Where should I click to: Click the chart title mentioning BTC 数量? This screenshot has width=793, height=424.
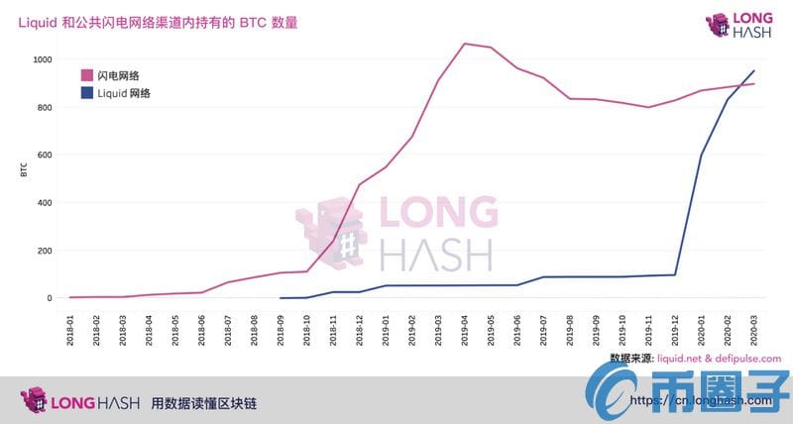pyautogui.click(x=158, y=21)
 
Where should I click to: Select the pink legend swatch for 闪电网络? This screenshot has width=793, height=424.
pyautogui.click(x=87, y=73)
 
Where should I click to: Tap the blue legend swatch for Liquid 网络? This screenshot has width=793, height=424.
pyautogui.click(x=87, y=93)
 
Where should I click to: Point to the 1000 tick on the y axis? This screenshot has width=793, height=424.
pyautogui.click(x=42, y=59)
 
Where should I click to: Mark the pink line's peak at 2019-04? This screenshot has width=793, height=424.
pyautogui.click(x=465, y=44)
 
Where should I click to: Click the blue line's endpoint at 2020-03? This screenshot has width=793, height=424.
pyautogui.click(x=754, y=70)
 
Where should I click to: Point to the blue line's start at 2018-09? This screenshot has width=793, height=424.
pyautogui.click(x=282, y=297)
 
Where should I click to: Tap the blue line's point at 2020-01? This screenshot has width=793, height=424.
pyautogui.click(x=702, y=155)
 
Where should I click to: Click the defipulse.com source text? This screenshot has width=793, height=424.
pyautogui.click(x=749, y=358)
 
